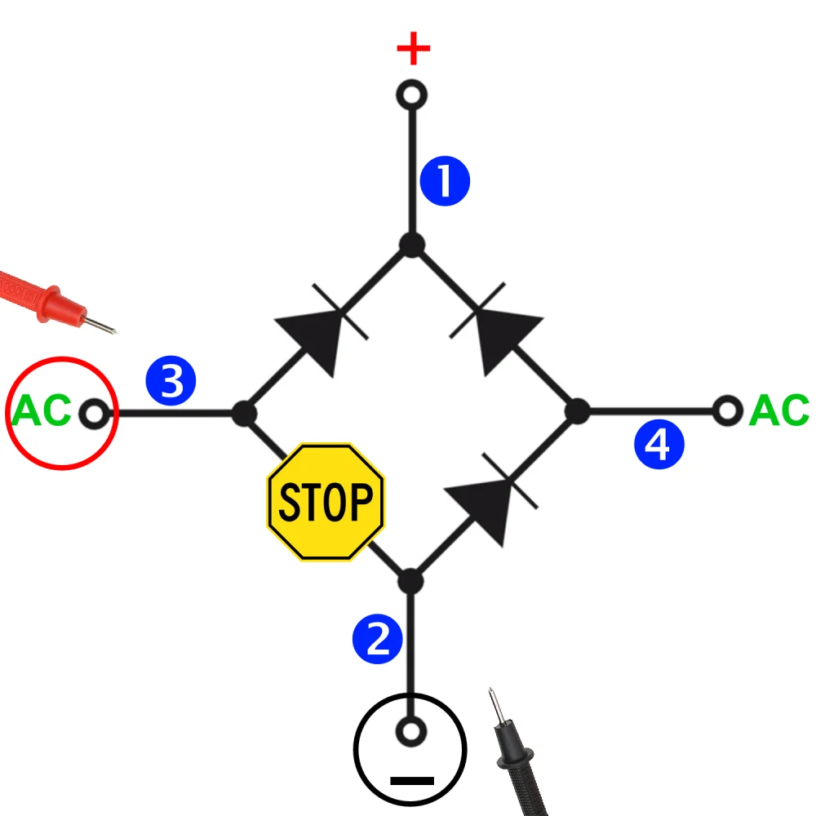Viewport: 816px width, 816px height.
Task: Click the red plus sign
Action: (x=413, y=50)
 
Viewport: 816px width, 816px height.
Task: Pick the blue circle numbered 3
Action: (x=171, y=381)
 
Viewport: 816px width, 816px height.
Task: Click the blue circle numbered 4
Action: (x=659, y=446)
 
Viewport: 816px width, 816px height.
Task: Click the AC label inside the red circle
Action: (x=40, y=412)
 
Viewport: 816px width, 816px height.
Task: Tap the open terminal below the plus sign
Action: (x=412, y=95)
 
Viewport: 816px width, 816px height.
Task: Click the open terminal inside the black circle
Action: (x=410, y=731)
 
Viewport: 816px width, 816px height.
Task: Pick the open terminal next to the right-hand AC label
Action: (x=726, y=410)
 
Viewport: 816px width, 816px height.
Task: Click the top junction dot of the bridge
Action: (x=412, y=244)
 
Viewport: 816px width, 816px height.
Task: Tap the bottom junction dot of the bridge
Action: (x=410, y=582)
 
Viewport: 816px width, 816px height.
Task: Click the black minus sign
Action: (x=412, y=780)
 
